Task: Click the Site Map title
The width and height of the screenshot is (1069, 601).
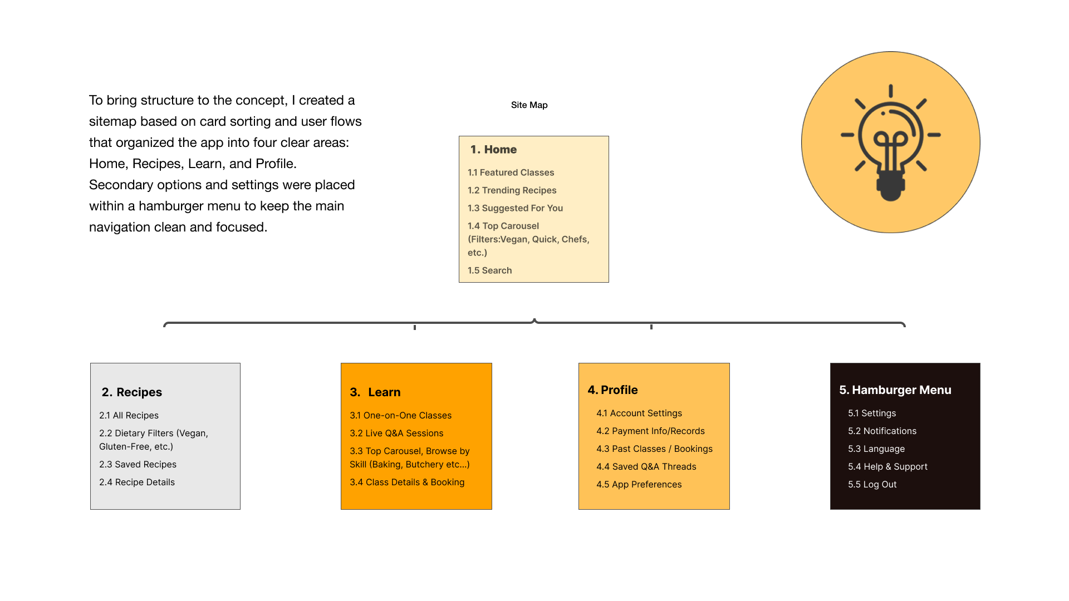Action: pyautogui.click(x=529, y=105)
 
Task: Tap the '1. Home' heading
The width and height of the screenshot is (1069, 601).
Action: pyautogui.click(x=493, y=150)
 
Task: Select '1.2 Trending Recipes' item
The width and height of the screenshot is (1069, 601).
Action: pyautogui.click(x=512, y=190)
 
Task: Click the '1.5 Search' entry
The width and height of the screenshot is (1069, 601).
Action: pyautogui.click(x=489, y=270)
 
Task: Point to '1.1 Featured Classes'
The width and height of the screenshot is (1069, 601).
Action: pyautogui.click(x=511, y=173)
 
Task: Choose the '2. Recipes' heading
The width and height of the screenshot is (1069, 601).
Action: pyautogui.click(x=131, y=392)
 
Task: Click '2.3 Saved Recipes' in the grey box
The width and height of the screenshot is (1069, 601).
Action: pyautogui.click(x=138, y=465)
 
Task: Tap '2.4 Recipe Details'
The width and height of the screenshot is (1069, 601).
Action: pyautogui.click(x=137, y=482)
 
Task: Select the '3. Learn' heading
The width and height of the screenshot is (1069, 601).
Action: pyautogui.click(x=375, y=392)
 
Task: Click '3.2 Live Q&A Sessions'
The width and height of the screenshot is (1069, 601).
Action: pyautogui.click(x=396, y=433)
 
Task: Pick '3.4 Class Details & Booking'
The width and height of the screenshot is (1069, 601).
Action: pyautogui.click(x=407, y=482)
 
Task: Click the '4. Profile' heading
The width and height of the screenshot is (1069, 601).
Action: pyautogui.click(x=612, y=390)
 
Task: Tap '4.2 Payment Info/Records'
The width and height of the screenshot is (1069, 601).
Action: pyautogui.click(x=650, y=431)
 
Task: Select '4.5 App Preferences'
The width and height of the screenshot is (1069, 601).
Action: pyautogui.click(x=639, y=485)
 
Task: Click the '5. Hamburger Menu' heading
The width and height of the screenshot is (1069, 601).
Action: pyautogui.click(x=895, y=390)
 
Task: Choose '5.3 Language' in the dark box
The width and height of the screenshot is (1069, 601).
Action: pyautogui.click(x=876, y=449)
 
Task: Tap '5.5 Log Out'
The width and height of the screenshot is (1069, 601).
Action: pyautogui.click(x=872, y=485)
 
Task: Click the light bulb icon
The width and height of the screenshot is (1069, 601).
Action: pyautogui.click(x=890, y=142)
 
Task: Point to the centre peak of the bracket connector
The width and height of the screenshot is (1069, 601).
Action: pyautogui.click(x=534, y=321)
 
